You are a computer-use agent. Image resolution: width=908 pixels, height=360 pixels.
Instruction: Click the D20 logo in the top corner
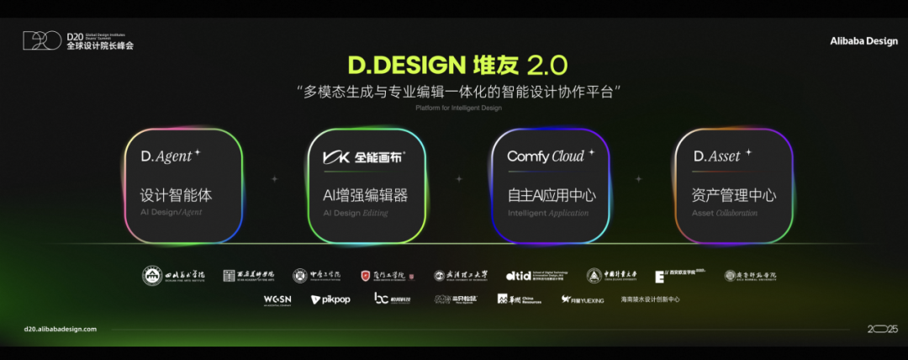(x=41, y=40)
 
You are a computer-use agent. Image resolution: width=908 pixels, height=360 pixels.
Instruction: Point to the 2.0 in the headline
(x=547, y=66)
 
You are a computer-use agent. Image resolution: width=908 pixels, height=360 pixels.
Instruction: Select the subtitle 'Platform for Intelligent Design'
(x=454, y=107)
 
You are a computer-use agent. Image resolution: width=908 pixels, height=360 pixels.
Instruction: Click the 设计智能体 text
(x=176, y=195)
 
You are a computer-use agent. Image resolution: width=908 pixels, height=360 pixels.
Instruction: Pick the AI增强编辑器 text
(x=366, y=195)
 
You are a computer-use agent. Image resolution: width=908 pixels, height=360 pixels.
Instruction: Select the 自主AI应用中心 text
(x=551, y=195)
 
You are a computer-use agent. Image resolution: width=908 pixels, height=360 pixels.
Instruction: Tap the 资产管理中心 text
(x=733, y=195)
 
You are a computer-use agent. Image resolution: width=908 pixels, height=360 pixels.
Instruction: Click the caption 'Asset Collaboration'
(x=724, y=214)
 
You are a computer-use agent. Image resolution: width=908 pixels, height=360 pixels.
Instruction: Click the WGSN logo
(x=277, y=299)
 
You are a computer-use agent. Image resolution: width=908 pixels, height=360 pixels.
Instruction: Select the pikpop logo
(x=330, y=299)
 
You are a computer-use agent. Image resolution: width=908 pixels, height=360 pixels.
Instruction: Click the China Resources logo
(x=515, y=299)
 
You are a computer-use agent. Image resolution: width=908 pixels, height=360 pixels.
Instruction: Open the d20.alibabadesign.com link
(x=61, y=329)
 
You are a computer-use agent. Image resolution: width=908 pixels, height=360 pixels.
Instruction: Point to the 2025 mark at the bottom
(x=883, y=329)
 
